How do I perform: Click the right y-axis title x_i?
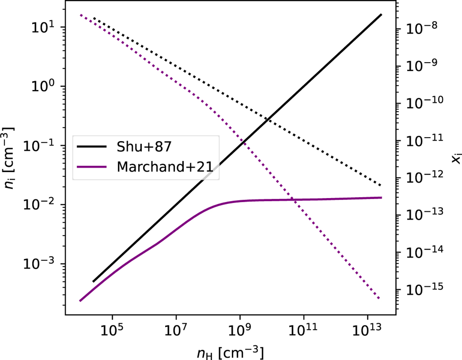(x=454, y=158)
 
